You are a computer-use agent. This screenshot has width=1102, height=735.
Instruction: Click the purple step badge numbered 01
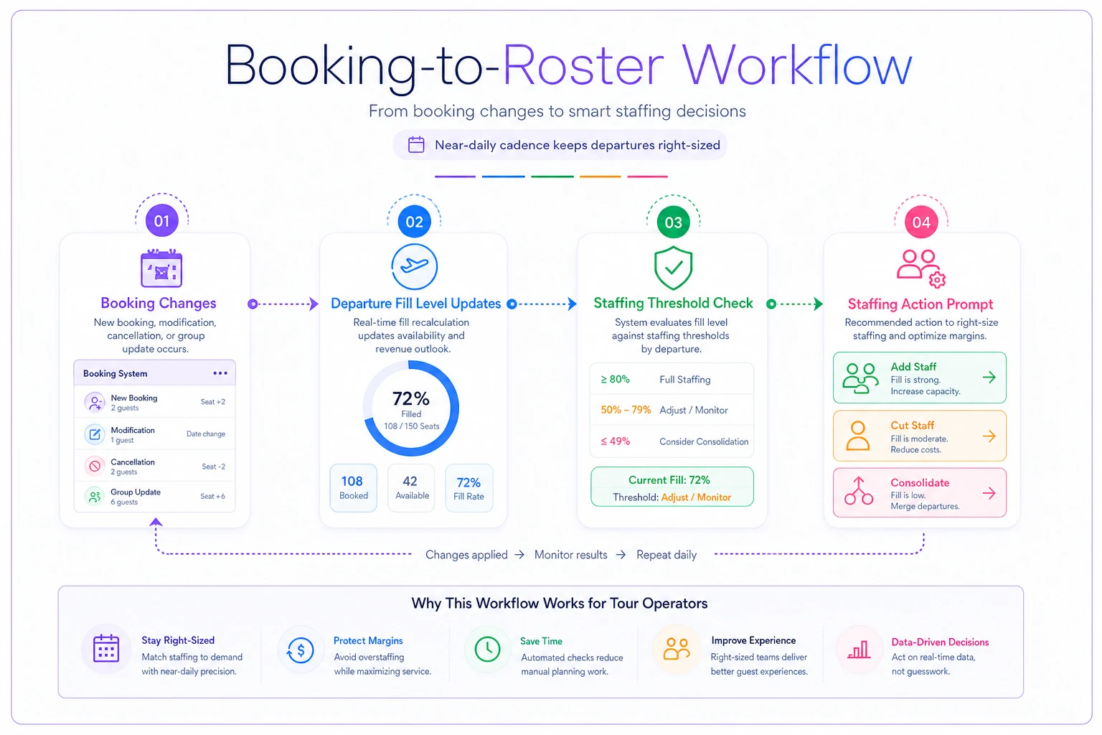tap(161, 221)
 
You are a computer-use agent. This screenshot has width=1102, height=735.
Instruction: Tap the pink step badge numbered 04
tap(921, 223)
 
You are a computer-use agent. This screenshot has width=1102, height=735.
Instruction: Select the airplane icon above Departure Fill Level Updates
tap(414, 266)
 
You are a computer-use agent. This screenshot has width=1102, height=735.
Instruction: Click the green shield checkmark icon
tap(673, 267)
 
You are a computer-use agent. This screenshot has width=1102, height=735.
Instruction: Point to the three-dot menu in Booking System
tap(220, 373)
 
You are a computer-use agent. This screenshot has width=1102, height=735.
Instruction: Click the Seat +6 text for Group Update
tap(212, 496)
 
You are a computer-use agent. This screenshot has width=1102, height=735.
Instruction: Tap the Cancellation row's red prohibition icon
tap(95, 466)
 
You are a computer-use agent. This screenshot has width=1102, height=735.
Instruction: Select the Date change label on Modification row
tap(206, 434)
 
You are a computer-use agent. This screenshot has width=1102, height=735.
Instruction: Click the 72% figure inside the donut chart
tap(411, 398)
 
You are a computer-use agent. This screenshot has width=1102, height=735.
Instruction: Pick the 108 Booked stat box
tap(353, 487)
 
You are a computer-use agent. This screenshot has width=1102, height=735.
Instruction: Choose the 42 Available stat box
tap(411, 487)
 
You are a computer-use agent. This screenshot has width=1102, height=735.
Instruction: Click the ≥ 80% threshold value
tap(615, 379)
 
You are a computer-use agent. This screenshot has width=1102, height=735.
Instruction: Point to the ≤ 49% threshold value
tap(615, 441)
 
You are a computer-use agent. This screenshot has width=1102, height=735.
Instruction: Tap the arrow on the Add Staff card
tap(989, 378)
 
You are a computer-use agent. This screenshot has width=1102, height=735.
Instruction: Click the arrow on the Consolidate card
tap(989, 493)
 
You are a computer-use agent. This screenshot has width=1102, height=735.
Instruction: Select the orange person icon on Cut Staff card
tap(857, 436)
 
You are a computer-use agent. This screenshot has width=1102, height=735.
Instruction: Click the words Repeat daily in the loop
tap(666, 555)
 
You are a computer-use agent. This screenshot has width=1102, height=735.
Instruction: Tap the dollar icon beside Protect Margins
tap(300, 650)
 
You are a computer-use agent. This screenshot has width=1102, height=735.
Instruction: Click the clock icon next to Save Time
tap(487, 649)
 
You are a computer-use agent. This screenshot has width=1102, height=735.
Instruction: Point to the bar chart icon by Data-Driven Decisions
tap(859, 650)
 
